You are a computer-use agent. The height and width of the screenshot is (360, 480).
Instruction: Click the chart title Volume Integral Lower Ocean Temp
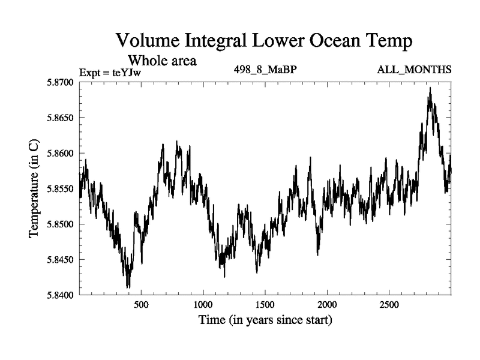pos(264,41)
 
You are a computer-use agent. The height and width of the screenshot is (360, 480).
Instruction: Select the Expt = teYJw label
pos(113,73)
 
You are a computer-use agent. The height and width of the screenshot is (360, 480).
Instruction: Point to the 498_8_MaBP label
pos(265,70)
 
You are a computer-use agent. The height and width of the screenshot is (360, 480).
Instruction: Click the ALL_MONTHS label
pos(414,70)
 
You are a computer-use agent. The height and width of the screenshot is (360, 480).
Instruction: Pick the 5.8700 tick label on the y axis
pos(56,82)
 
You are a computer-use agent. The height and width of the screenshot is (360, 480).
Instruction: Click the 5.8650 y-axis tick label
pos(56,118)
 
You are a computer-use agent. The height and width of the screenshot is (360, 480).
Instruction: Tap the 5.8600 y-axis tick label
pos(56,153)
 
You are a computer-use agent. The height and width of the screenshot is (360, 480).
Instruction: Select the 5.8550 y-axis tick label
pos(56,188)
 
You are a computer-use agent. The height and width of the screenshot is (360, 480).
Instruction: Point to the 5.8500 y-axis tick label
pos(56,224)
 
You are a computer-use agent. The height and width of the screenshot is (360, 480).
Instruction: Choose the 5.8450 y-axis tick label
pos(56,260)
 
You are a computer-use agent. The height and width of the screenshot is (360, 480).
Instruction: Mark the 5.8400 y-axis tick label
pos(56,295)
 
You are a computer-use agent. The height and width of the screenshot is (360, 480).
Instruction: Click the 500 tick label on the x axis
pos(141,305)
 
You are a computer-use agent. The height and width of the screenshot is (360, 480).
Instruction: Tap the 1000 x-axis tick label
pos(203,305)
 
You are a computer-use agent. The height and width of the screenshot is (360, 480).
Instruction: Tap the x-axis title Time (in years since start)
pos(265,320)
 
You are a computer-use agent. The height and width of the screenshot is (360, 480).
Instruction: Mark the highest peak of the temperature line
pos(430,88)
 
